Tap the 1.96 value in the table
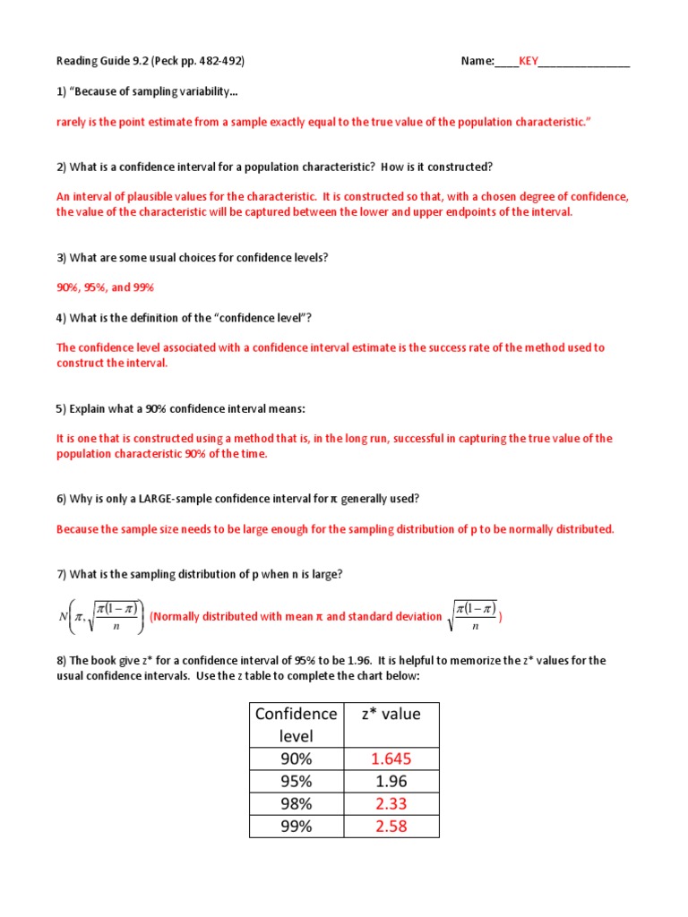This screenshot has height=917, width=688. (x=391, y=781)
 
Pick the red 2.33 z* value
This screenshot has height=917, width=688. (x=391, y=803)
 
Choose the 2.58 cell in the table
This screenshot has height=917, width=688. (x=391, y=826)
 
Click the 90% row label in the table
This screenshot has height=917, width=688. (x=297, y=758)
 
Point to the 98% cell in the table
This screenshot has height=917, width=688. (x=297, y=803)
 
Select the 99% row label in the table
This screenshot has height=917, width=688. (x=297, y=826)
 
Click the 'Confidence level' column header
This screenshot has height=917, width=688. (x=297, y=724)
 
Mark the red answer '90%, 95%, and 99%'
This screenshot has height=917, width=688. (x=106, y=287)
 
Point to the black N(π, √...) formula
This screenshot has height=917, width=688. (x=99, y=616)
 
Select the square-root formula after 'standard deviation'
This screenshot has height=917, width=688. (x=474, y=616)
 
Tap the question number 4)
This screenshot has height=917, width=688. (x=62, y=317)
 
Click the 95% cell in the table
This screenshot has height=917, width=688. (x=297, y=781)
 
